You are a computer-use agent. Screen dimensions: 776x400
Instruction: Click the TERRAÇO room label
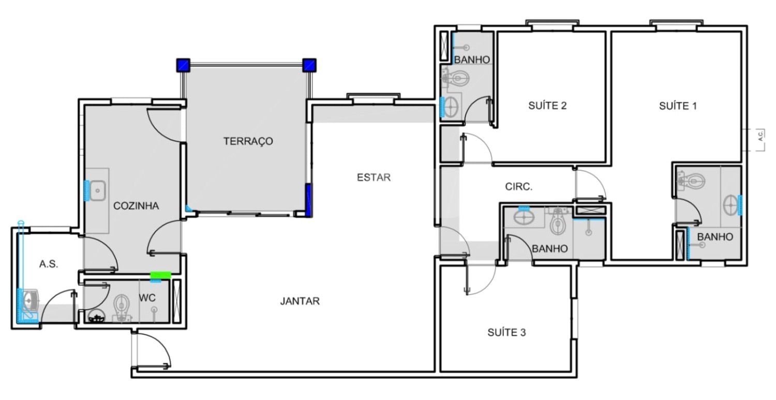point(248,141)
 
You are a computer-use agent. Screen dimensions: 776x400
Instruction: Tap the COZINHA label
point(136,206)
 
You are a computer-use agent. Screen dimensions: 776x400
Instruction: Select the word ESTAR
point(374,177)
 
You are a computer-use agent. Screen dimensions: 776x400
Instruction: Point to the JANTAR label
point(300,301)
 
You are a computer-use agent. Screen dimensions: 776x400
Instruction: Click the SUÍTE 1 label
point(678,106)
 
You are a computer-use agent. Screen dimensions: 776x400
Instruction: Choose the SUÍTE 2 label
point(547,106)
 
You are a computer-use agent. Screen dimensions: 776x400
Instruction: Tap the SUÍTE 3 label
point(506,332)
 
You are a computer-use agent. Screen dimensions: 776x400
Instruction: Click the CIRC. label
point(518,187)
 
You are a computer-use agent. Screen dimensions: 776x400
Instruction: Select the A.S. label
point(49,264)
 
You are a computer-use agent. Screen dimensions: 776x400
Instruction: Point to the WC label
point(147,298)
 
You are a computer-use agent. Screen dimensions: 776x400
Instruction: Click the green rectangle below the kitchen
point(160,275)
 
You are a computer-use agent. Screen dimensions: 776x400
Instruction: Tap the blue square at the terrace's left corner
point(183,65)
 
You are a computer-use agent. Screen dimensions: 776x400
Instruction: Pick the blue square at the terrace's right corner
point(309,65)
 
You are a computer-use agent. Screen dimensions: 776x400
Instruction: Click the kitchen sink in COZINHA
point(98,190)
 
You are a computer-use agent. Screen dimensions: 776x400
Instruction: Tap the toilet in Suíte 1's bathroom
point(692,181)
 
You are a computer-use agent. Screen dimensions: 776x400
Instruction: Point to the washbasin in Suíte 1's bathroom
point(731,205)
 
